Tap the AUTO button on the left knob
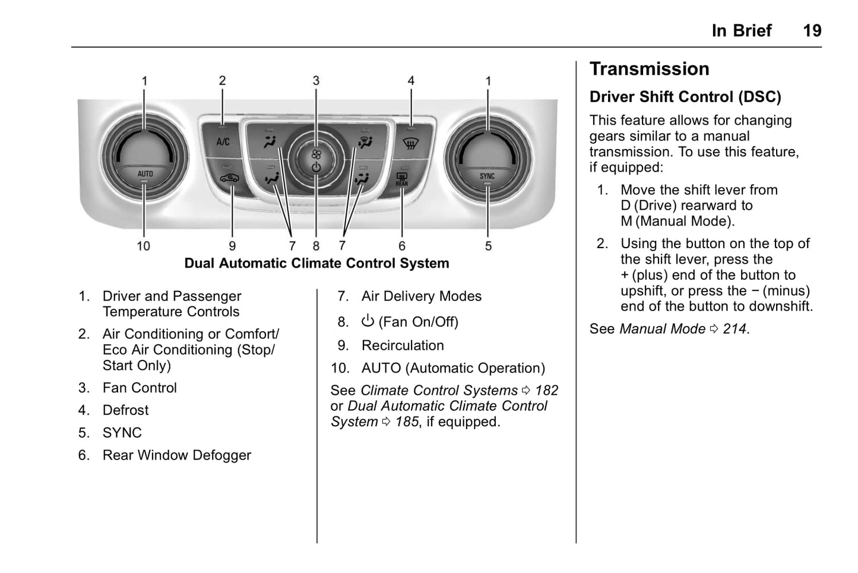click(x=145, y=174)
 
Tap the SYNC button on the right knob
click(x=487, y=176)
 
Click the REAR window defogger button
click(x=402, y=179)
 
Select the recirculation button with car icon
click(x=229, y=178)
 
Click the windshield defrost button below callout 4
click(x=409, y=143)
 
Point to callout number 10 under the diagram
click(x=144, y=246)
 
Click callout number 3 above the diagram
click(x=316, y=81)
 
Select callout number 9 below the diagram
click(x=232, y=246)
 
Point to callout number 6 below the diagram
click(x=402, y=246)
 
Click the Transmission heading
click(x=649, y=69)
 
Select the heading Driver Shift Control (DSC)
click(x=685, y=97)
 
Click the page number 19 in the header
click(x=812, y=31)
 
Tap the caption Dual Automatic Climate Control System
click(x=316, y=263)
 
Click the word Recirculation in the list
click(x=403, y=346)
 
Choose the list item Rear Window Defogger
click(x=176, y=455)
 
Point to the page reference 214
click(x=734, y=329)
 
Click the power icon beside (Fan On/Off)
click(x=368, y=321)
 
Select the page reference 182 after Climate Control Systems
click(x=546, y=391)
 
